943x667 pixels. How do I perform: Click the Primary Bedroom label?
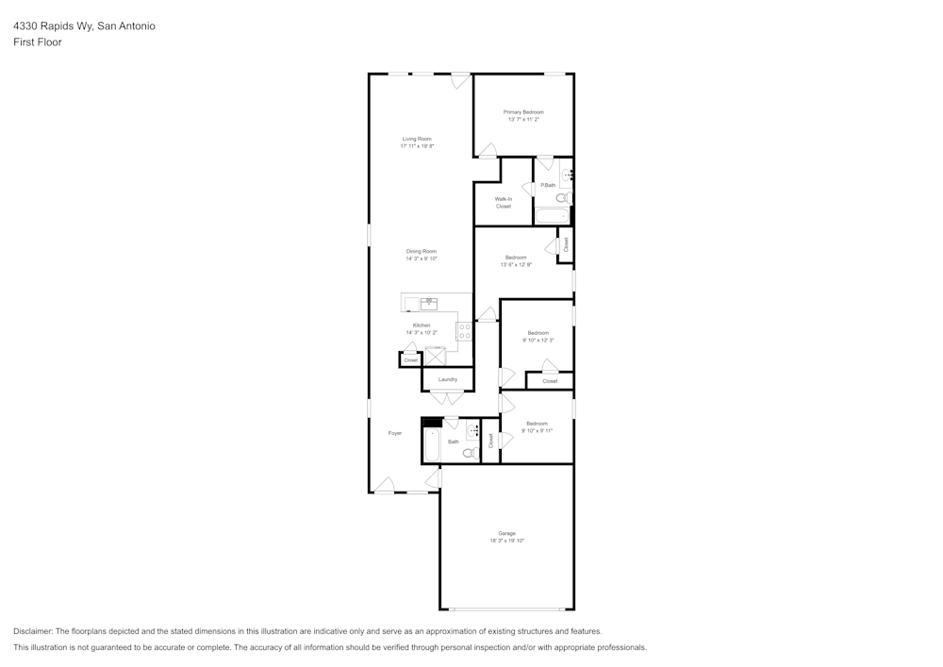tap(523, 112)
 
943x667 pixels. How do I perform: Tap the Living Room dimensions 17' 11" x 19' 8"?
tap(416, 146)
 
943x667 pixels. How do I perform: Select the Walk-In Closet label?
tap(504, 202)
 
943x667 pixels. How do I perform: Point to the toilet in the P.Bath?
tap(562, 198)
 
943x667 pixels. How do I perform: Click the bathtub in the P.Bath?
tap(552, 216)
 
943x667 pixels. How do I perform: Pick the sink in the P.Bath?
tap(567, 174)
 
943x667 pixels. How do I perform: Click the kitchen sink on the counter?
tap(429, 303)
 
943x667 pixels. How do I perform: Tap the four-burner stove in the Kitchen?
tap(465, 331)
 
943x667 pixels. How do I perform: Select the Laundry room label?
tap(447, 379)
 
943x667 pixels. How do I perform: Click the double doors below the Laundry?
tap(447, 397)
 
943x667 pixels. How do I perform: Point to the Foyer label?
tap(395, 433)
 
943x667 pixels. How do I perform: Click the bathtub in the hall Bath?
tap(431, 445)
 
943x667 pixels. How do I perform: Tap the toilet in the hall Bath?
tap(469, 453)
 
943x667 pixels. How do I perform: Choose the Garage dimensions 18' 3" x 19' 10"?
tap(506, 541)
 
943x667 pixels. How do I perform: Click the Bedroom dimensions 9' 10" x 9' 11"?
tap(537, 430)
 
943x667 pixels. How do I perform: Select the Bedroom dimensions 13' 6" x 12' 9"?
tap(516, 265)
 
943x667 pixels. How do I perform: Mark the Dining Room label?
tap(422, 251)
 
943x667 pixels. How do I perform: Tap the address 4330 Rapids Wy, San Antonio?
tap(84, 26)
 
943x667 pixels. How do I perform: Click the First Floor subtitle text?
tap(38, 42)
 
